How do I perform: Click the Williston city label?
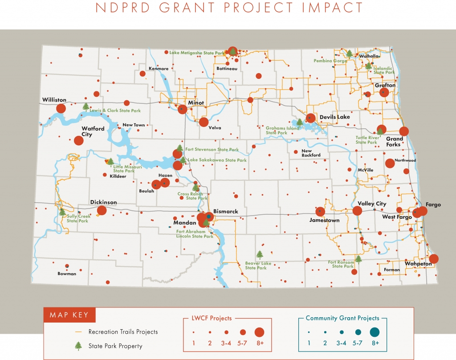click(54, 100)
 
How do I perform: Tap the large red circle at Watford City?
click(79, 140)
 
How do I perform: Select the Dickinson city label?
click(103, 202)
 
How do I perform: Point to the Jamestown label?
click(325, 220)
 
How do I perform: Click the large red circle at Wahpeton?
click(433, 258)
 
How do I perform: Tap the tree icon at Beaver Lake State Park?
click(260, 254)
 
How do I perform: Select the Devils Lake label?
click(334, 117)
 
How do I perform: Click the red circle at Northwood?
click(390, 164)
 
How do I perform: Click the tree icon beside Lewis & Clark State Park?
click(86, 106)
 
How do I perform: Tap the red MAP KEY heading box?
click(69, 315)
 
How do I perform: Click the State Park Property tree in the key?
click(78, 345)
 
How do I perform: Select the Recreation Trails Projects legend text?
click(123, 331)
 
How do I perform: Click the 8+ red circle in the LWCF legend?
click(259, 332)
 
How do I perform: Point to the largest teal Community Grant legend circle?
click(374, 331)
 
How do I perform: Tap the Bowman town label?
click(67, 274)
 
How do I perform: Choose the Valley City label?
click(372, 204)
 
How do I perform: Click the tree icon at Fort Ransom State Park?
click(358, 259)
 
